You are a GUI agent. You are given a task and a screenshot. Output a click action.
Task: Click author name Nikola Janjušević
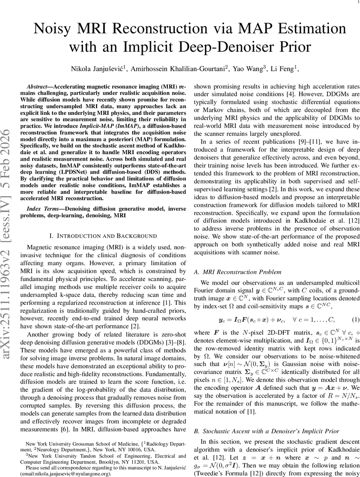[x=94, y=70]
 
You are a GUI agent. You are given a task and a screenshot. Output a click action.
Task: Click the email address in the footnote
[x=68, y=474]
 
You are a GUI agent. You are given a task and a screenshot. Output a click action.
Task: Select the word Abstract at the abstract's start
[x=38, y=87]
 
